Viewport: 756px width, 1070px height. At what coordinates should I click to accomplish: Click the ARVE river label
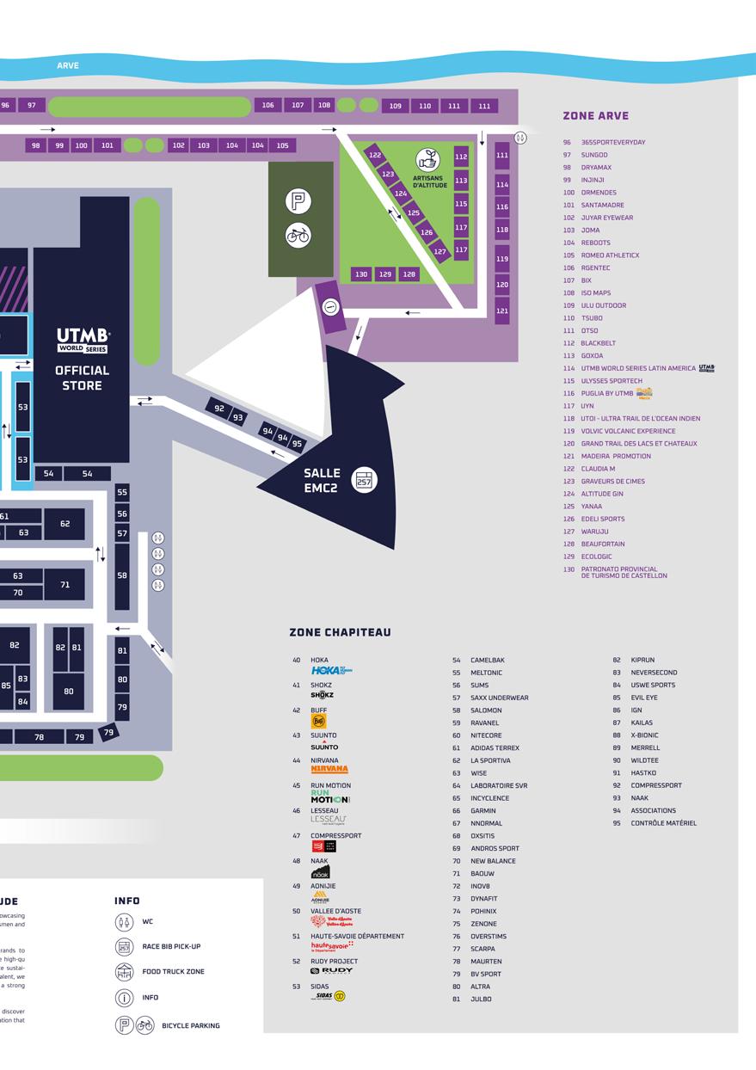point(68,65)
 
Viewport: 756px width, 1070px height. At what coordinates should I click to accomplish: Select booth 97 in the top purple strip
point(32,105)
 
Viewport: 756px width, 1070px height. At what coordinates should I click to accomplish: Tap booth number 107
point(298,105)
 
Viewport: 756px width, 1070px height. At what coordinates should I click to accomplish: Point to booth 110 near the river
point(425,106)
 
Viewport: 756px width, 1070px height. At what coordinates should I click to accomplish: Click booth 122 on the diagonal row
point(375,156)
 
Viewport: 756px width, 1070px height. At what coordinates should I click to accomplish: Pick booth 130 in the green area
point(361,274)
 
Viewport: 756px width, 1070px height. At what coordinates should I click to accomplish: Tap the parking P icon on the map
point(298,202)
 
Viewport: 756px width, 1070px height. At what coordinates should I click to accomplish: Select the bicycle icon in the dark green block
point(298,235)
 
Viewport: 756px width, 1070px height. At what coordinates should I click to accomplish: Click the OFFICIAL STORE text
point(83,378)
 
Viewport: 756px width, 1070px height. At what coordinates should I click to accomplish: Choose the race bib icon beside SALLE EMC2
point(364,480)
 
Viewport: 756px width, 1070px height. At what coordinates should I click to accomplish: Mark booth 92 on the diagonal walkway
point(219,409)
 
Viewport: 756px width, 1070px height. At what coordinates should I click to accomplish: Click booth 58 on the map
point(122,575)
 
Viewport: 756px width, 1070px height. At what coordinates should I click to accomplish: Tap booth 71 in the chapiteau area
point(65,585)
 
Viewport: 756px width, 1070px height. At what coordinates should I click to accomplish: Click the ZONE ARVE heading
point(595,115)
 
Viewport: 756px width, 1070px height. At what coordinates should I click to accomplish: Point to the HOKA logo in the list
point(331,670)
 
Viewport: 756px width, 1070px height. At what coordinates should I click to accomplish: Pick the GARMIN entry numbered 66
point(482,811)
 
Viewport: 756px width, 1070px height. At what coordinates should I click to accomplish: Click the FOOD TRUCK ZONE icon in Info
point(125,972)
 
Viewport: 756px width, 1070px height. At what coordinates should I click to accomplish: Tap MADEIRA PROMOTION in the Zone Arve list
point(616,456)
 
